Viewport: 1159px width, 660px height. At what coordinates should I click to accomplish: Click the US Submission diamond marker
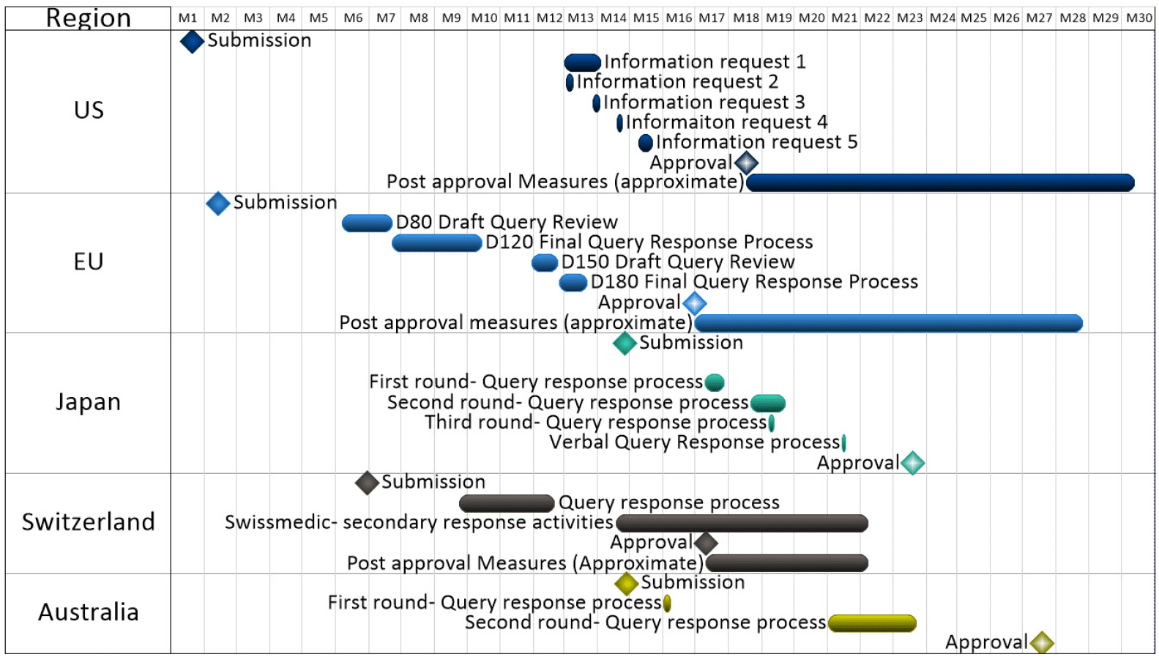coord(192,42)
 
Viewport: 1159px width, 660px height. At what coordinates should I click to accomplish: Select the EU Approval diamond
coord(694,303)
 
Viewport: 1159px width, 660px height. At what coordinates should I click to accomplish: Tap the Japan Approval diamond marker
coord(912,463)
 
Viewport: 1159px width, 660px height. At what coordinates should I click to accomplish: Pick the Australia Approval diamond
coord(1042,642)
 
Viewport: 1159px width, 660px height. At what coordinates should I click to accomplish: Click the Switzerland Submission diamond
coord(368,483)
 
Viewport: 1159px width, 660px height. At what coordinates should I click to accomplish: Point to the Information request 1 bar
coord(583,63)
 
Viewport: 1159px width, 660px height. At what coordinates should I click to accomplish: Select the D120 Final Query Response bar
coord(437,242)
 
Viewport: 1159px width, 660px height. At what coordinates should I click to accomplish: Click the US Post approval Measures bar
coord(940,182)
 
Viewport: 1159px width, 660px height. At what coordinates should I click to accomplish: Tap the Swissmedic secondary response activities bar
coord(742,523)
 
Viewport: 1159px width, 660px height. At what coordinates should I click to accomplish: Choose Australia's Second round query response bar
coord(872,623)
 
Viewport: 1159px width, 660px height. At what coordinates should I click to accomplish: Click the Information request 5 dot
coord(645,143)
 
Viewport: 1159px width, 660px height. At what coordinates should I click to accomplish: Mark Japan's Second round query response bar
coord(768,403)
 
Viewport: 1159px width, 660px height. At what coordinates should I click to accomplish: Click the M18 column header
coord(746,18)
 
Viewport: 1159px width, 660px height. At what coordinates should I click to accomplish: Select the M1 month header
coord(188,18)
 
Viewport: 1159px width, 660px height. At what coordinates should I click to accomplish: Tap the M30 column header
coord(1138,18)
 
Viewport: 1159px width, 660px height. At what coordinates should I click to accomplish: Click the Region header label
coord(89,18)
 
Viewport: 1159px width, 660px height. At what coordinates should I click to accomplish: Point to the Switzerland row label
coord(89,522)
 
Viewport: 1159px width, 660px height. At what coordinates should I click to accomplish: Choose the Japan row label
coord(89,402)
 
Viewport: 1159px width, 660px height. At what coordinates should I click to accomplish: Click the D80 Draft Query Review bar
coord(367,223)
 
